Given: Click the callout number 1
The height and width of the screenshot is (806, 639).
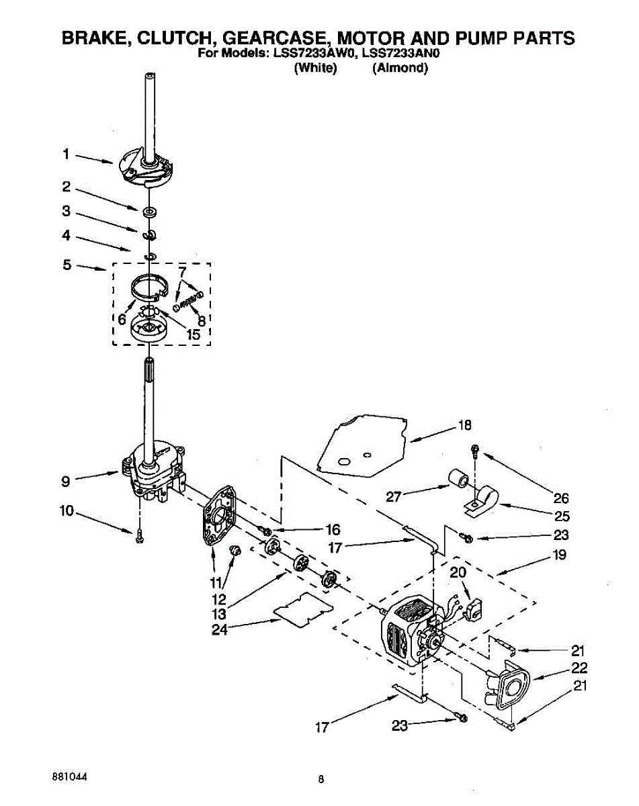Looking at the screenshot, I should (66, 154).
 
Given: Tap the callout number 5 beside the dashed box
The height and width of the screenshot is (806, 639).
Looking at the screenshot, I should (67, 265).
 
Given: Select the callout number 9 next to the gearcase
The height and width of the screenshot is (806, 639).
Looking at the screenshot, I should (65, 481).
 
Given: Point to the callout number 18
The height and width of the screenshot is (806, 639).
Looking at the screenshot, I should (464, 424).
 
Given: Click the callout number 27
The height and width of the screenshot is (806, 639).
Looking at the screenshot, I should (394, 497).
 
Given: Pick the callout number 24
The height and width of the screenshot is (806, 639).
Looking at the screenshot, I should (219, 629).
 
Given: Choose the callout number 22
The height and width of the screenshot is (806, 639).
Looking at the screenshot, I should (579, 668).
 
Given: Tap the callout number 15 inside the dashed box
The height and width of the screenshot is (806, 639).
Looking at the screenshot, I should (193, 334).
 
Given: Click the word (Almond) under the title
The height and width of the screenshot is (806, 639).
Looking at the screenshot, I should (400, 68).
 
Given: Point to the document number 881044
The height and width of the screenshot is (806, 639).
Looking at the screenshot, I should (69, 776).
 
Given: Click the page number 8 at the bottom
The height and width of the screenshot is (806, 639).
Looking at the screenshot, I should (321, 780).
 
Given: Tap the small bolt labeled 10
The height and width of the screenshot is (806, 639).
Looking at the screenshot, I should (139, 535).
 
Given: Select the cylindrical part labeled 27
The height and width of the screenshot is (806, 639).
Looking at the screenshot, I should (460, 481).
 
